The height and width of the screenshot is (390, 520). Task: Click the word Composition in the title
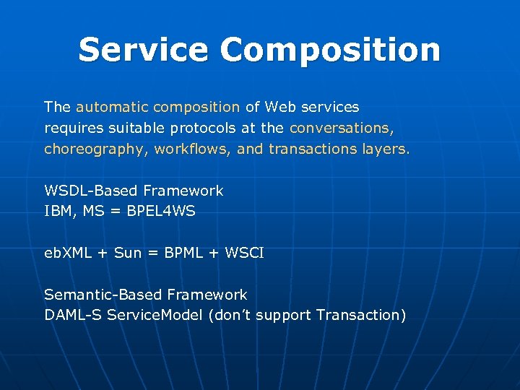point(330,50)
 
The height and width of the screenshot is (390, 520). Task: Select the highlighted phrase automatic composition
point(157,108)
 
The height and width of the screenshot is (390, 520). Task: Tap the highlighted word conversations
point(341,129)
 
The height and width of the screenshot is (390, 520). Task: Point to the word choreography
point(88,149)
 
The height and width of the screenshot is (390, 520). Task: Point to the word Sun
point(128,253)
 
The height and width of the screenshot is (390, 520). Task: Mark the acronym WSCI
point(246,253)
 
